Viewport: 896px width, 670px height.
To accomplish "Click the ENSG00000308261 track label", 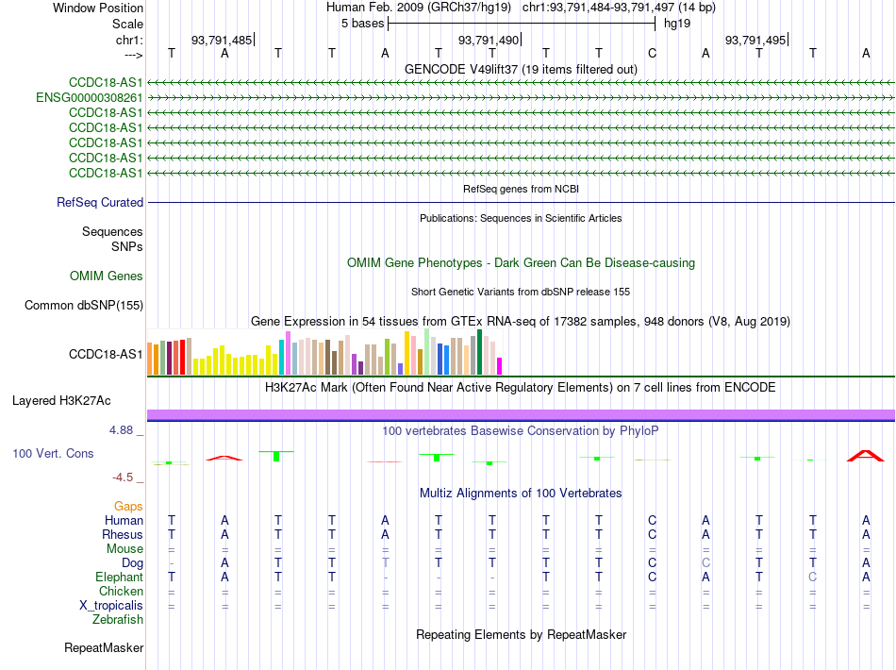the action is point(90,98).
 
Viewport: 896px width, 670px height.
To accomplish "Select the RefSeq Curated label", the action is point(100,202).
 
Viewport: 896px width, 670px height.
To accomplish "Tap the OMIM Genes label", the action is point(107,276).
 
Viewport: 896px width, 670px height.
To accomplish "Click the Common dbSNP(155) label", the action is point(84,305).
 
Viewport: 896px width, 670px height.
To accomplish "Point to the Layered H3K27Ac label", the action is point(61,401).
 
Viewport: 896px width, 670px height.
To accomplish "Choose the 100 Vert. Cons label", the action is point(53,453).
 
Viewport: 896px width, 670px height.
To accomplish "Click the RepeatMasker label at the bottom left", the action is point(104,647).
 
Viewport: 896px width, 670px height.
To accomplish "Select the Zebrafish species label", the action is point(118,620).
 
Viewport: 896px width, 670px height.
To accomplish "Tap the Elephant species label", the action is point(120,578).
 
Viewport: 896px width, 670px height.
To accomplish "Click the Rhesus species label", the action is point(123,534).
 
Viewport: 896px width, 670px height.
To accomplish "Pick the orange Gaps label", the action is point(128,507).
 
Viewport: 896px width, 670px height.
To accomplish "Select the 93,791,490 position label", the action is point(489,40).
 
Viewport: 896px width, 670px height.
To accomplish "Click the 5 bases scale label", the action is point(363,24).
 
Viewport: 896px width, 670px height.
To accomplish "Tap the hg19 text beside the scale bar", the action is point(677,24).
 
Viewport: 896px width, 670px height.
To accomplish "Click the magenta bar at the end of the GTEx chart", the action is point(500,366).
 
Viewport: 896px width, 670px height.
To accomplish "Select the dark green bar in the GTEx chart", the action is point(480,352).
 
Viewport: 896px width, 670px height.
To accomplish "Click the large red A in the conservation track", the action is point(866,456).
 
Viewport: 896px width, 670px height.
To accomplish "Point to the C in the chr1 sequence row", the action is point(652,53).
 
